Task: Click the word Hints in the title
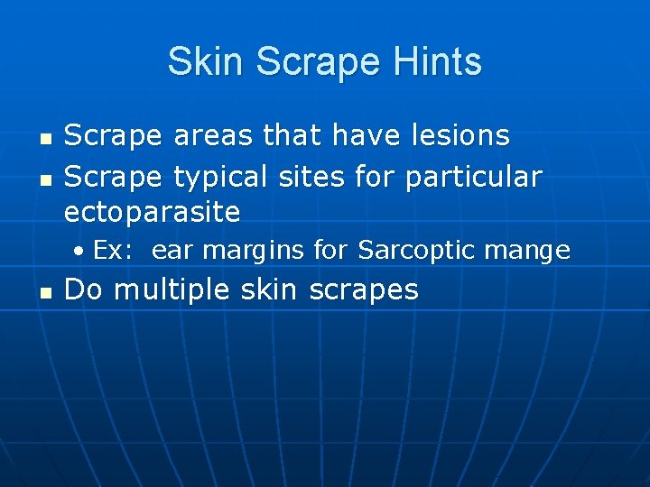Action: [439, 62]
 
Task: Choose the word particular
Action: [473, 178]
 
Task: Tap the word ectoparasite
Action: [152, 213]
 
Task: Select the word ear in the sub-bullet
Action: [167, 251]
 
